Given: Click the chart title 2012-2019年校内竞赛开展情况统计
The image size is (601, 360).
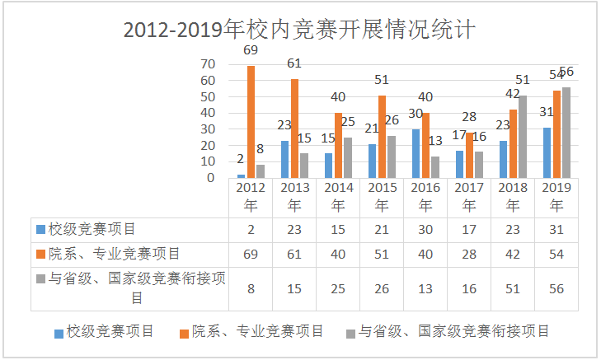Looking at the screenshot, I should [x=299, y=29].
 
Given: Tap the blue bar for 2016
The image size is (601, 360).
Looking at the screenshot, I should [x=416, y=153].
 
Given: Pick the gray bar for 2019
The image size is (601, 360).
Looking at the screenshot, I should [x=566, y=133].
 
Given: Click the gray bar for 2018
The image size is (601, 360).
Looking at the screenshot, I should [x=523, y=137].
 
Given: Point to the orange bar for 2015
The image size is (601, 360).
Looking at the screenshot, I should [x=382, y=137].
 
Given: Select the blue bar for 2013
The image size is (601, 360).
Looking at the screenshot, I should [x=284, y=159].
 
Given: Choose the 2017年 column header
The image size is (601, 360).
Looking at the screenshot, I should [x=469, y=198].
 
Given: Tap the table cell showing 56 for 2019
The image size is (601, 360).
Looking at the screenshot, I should [x=556, y=288].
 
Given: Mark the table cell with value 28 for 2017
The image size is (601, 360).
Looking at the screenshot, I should [x=469, y=254].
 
